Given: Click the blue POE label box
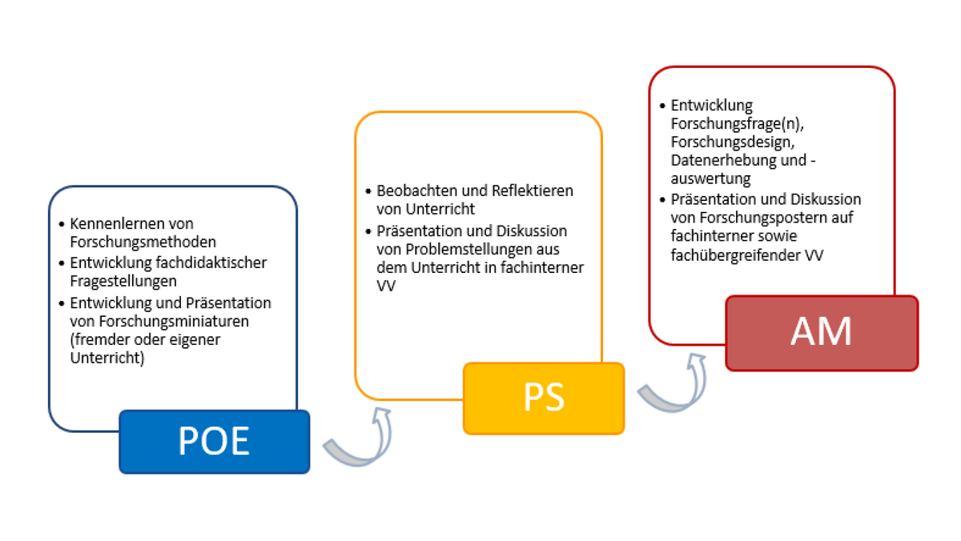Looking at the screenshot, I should pos(214,442).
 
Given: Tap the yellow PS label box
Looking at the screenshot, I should pos(544,398).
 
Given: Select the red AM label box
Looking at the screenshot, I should pos(822,333).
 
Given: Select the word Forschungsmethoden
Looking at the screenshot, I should pos(143,240).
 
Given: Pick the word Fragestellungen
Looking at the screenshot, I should pos(123,280).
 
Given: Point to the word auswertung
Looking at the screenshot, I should pos(710,178).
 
